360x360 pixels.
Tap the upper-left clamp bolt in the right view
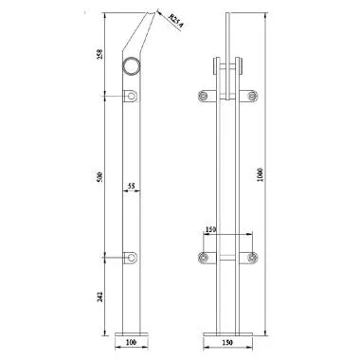[x=202, y=96]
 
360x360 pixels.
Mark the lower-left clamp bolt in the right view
[x=202, y=257]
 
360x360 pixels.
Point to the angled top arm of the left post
[x=139, y=36]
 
